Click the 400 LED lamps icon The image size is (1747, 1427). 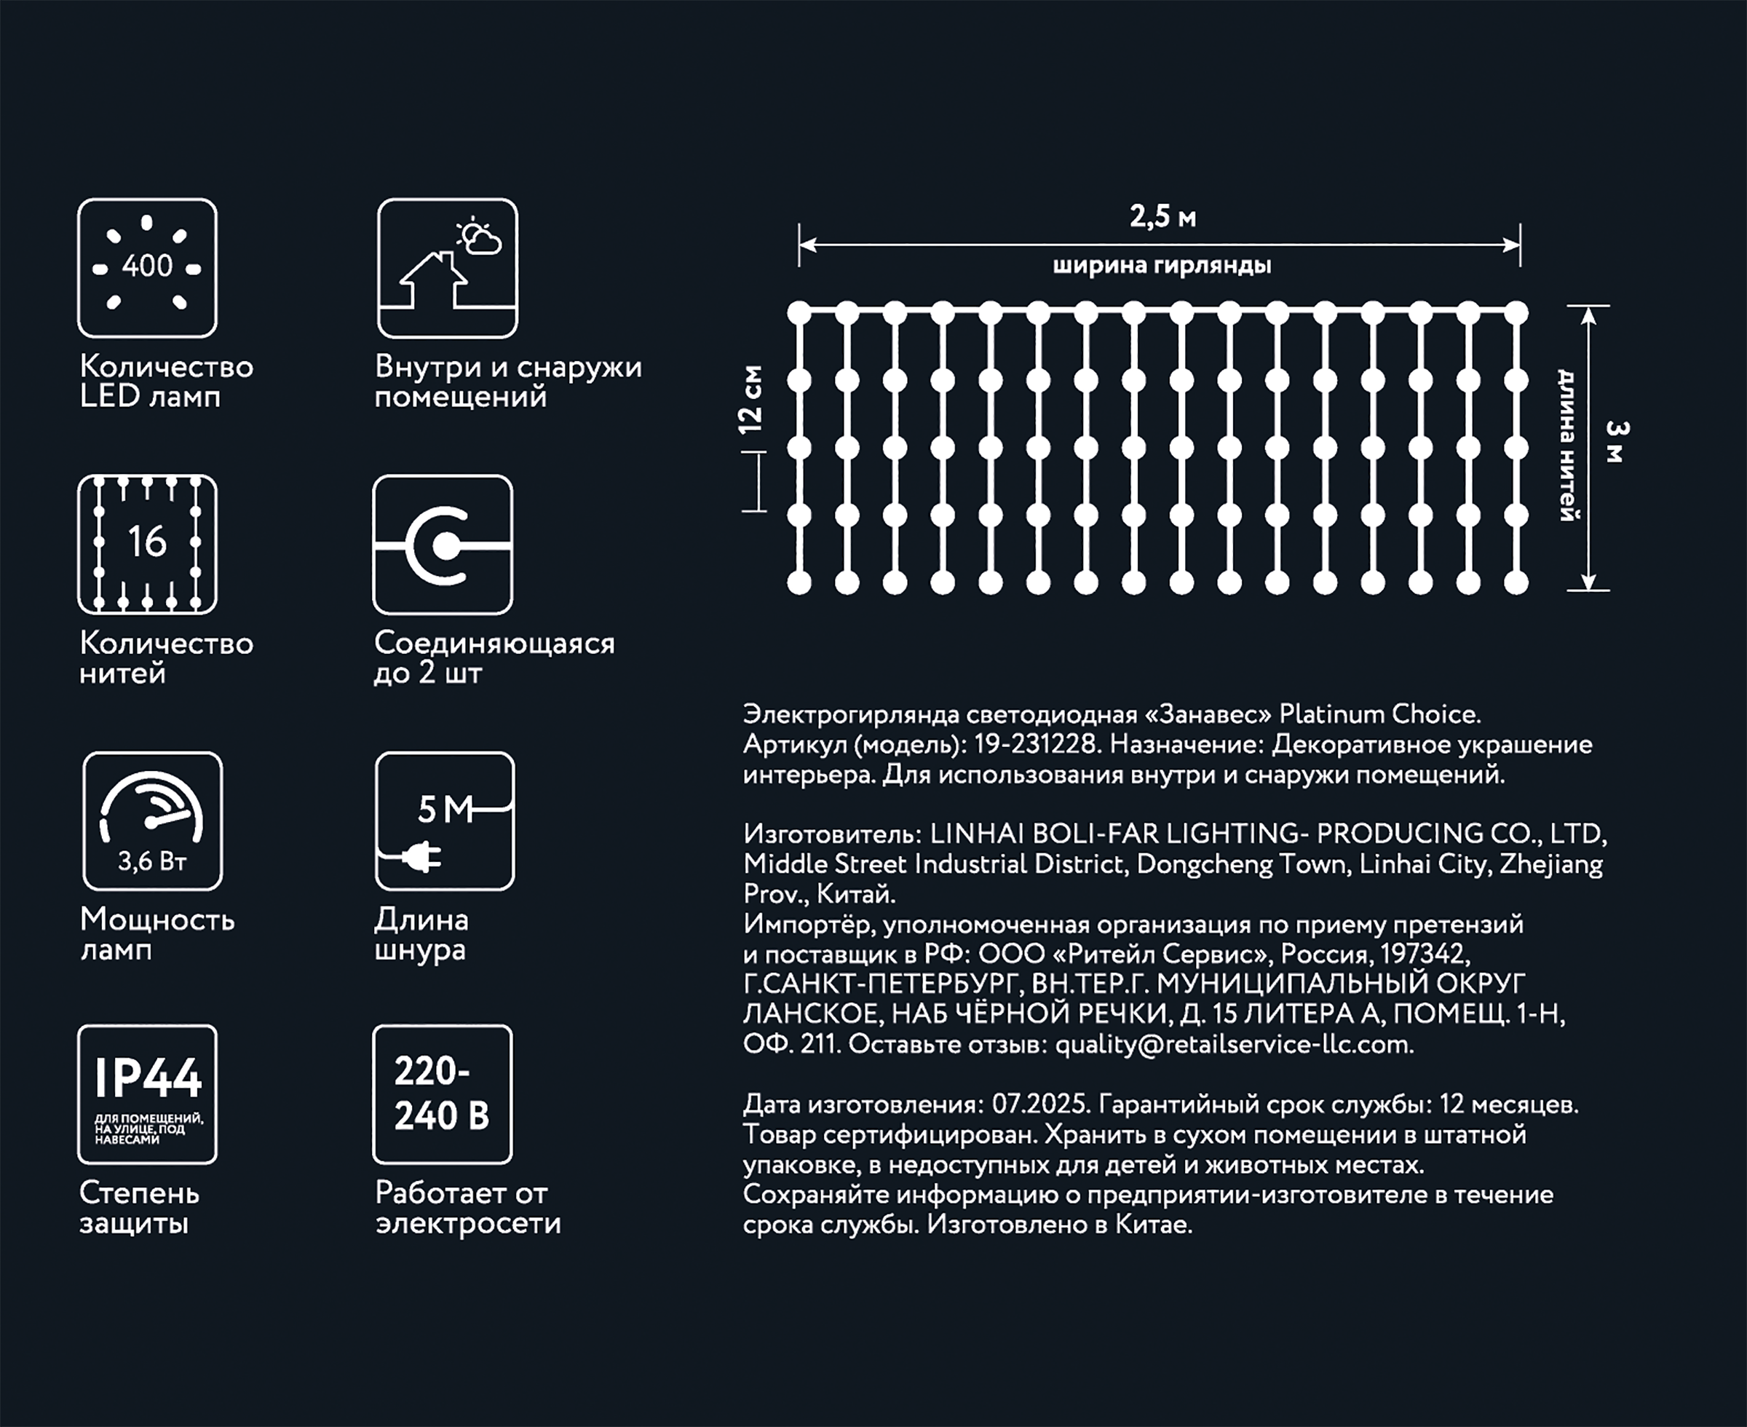click(147, 268)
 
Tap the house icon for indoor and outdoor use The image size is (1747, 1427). click(447, 268)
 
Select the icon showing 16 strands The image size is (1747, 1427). click(147, 544)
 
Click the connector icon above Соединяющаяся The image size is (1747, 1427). click(443, 544)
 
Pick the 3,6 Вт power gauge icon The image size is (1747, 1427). click(152, 821)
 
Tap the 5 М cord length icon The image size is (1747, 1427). click(445, 821)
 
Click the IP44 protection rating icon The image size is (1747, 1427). click(147, 1094)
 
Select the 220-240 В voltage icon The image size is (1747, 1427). click(442, 1094)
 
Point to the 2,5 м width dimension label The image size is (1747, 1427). click(1162, 217)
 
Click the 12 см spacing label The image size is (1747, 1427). click(750, 400)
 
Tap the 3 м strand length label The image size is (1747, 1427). click(1615, 441)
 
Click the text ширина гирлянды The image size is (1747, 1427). click(1162, 266)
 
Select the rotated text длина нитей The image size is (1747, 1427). click(1568, 445)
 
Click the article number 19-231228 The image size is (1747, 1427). click(1035, 745)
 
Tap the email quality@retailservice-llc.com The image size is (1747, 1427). click(1232, 1045)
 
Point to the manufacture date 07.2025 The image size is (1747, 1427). click(1041, 1104)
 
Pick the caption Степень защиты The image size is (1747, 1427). click(139, 1209)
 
